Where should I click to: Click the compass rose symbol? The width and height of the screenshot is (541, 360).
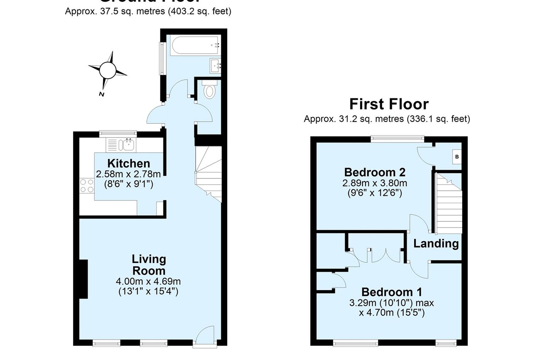click(107, 71)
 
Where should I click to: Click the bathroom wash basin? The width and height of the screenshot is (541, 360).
click(215, 66)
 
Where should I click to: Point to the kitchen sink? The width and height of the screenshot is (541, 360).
click(126, 145)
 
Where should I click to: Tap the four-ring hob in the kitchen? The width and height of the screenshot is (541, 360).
click(87, 185)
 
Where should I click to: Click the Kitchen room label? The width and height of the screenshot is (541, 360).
click(128, 163)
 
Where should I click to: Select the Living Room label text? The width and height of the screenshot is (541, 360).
click(148, 265)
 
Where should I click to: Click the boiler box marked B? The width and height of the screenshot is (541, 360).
click(457, 157)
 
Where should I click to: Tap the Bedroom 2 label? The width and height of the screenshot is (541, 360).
click(374, 172)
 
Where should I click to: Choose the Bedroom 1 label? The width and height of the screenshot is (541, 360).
click(391, 292)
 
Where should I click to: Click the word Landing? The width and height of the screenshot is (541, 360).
click(436, 243)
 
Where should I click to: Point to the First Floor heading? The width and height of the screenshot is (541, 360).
click(389, 104)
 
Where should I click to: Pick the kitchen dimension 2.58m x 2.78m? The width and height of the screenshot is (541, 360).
click(128, 175)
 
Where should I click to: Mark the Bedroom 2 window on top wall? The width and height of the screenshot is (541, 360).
click(397, 138)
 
